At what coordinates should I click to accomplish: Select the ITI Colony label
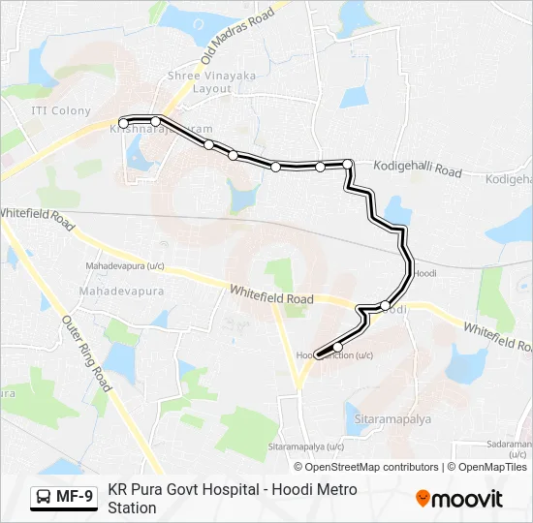(61, 110)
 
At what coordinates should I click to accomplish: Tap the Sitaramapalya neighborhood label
(392, 419)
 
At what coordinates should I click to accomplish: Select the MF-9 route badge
(64, 497)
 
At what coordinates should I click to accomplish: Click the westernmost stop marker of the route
(123, 123)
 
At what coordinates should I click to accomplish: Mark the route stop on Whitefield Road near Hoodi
(386, 306)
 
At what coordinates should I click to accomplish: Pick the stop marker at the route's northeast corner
(348, 165)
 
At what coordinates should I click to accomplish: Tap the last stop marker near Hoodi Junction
(338, 347)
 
